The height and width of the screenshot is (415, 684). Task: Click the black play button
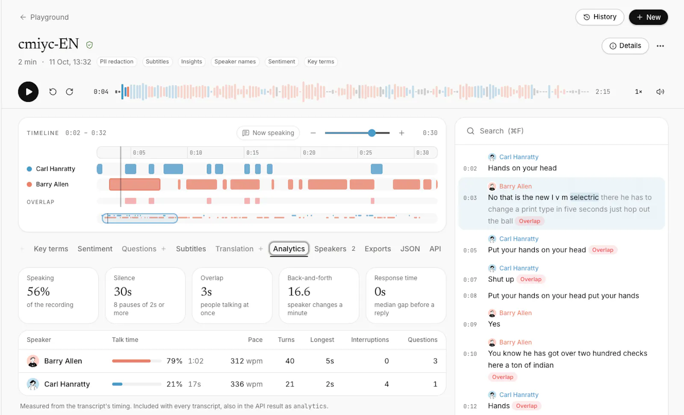tap(28, 92)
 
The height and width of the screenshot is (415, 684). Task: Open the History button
tap(599, 17)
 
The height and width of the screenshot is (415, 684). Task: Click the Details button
tap(625, 46)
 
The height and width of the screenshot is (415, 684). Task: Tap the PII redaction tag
tap(117, 62)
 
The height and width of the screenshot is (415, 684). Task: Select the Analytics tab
tap(289, 249)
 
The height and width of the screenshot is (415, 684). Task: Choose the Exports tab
tap(378, 249)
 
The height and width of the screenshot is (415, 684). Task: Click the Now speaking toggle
tap(268, 133)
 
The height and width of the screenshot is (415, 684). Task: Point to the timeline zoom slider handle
tap(371, 133)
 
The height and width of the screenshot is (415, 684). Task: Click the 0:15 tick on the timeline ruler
tap(253, 152)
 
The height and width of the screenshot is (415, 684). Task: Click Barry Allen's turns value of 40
tap(290, 361)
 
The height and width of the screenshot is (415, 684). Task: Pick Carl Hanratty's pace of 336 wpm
tap(246, 384)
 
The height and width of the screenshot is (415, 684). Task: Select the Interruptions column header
tap(370, 340)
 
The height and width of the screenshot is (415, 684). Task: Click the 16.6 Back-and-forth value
tap(299, 291)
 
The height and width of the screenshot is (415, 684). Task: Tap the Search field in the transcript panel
tap(561, 131)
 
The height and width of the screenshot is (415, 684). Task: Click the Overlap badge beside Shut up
tap(531, 279)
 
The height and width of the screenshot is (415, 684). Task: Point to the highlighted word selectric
tap(584, 197)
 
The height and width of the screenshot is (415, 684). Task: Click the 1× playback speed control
tap(639, 92)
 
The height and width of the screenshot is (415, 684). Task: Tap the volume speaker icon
tap(660, 92)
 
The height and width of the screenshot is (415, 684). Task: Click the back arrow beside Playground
tap(23, 17)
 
